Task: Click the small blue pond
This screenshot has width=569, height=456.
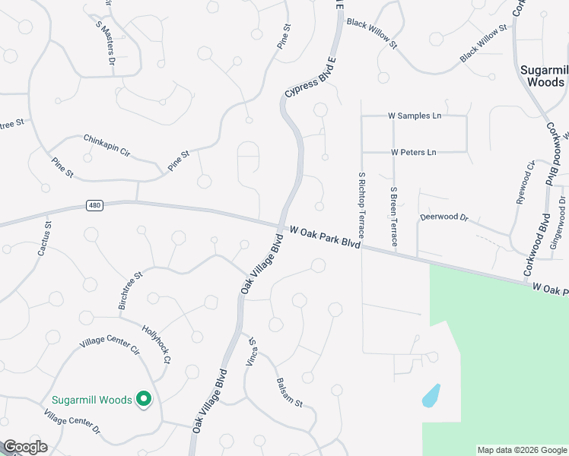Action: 431,395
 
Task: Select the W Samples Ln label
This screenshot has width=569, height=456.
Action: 415,116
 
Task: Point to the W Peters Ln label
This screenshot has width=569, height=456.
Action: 414,152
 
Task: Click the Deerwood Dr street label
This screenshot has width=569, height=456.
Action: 444,217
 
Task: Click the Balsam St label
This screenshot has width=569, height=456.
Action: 289,392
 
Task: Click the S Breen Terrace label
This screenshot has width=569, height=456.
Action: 393,217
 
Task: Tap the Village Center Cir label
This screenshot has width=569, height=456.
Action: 110,340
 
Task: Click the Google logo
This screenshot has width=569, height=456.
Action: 25,447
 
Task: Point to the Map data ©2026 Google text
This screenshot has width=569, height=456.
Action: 522,450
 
